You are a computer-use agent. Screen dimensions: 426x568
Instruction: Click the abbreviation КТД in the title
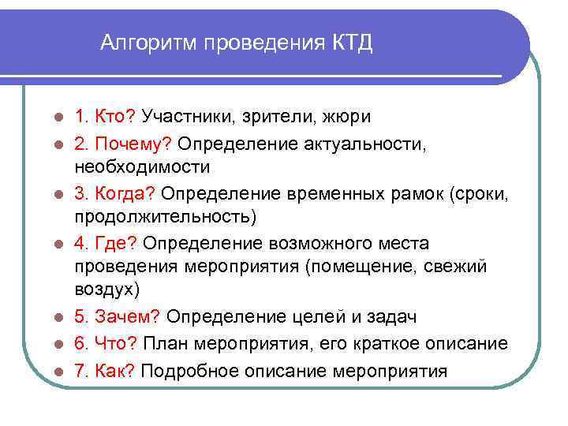pos(346,43)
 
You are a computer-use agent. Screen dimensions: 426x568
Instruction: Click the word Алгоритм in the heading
pos(149,43)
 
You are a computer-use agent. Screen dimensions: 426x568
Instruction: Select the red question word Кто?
pos(116,117)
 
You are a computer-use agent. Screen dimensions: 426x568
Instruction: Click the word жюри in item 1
pos(346,117)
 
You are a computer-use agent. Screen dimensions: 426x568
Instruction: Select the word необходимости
pos(143,166)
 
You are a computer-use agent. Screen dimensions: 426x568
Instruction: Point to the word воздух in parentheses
pos(105,291)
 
